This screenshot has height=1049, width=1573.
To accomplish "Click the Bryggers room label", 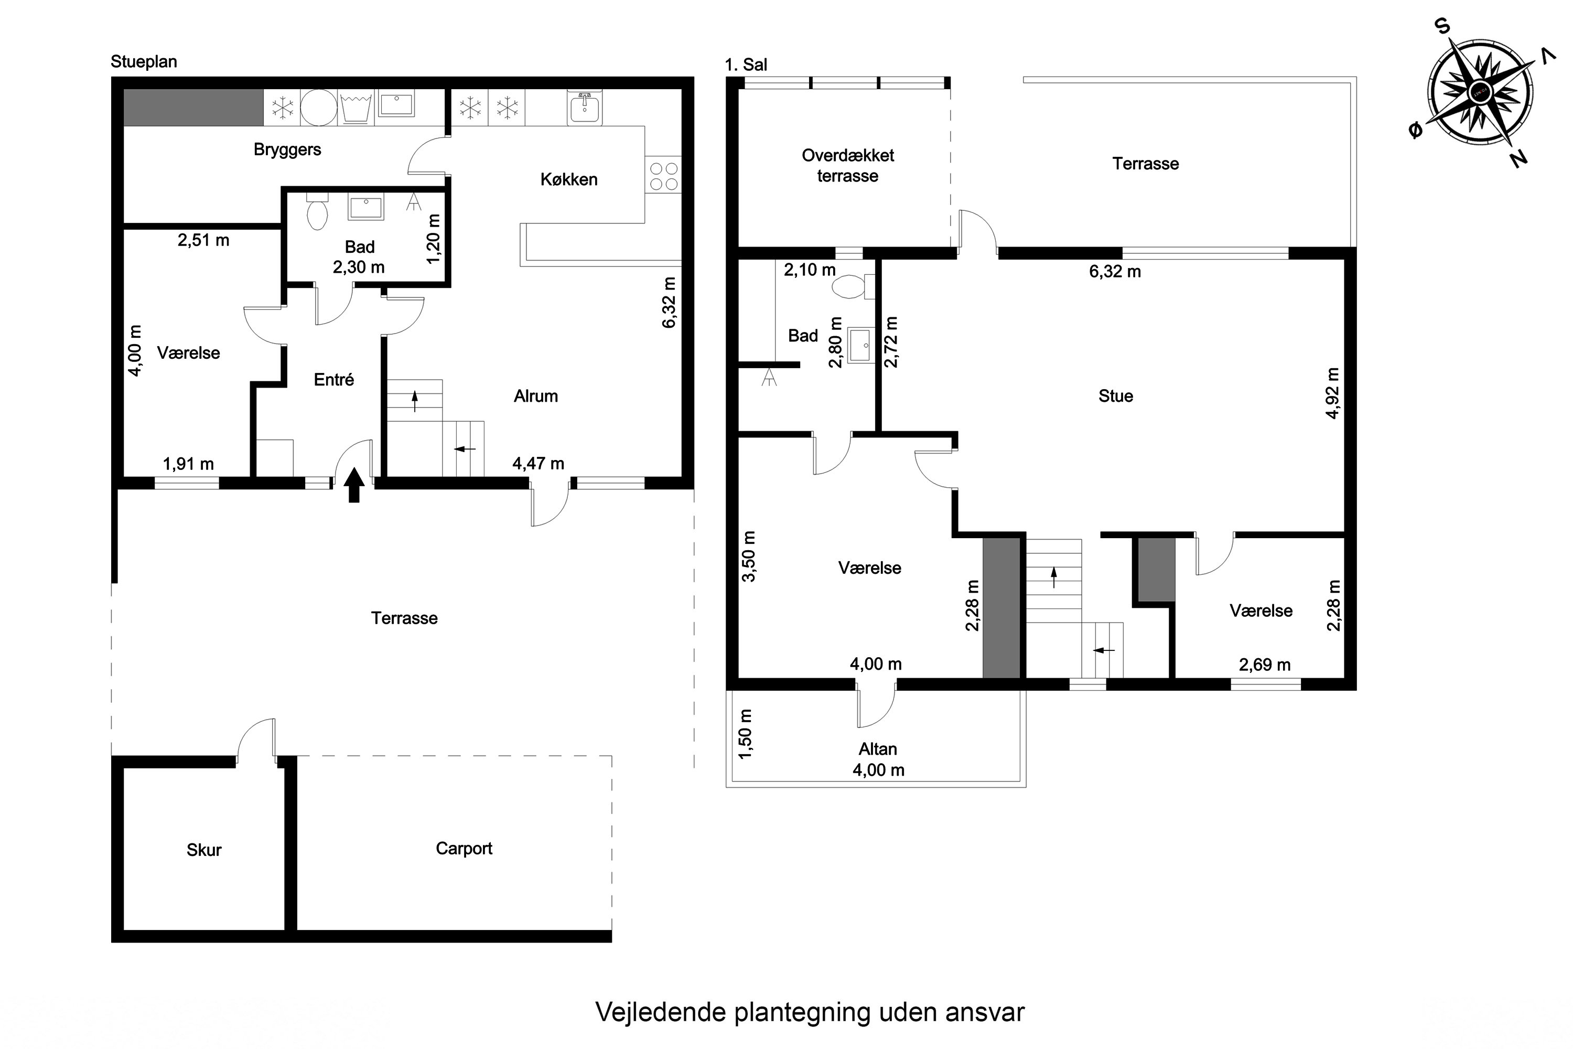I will click(287, 149).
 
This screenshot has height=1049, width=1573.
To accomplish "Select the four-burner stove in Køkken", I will click(663, 176).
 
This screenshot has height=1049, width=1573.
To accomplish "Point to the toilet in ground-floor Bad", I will click(317, 213).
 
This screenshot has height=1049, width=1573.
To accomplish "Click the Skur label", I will click(204, 850).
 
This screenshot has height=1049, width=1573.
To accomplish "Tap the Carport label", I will click(464, 848).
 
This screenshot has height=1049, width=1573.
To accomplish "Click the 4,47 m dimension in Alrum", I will click(538, 463).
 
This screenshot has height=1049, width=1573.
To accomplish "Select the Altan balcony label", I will click(877, 748).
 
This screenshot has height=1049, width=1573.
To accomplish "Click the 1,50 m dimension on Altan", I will click(746, 734).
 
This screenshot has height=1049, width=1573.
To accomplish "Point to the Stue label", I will click(1116, 396).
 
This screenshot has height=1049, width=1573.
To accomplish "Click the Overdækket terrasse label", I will click(847, 165).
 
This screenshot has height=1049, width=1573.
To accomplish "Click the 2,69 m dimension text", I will click(1264, 665).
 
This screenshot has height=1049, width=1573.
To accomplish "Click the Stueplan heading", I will click(144, 61).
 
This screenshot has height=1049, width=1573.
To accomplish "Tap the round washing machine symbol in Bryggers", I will click(318, 108).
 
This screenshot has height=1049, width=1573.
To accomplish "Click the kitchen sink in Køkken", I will click(585, 108).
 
